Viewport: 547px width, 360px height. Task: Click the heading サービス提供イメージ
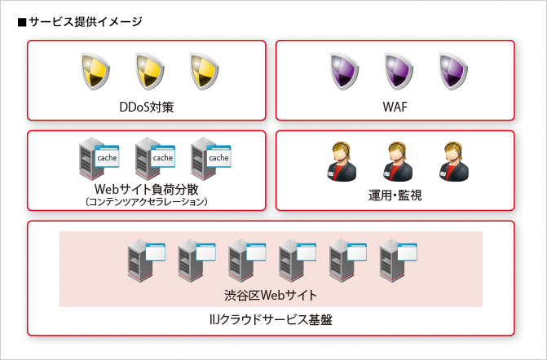80,21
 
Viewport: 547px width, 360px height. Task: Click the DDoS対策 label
147,106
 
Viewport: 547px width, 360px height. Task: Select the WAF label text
395,106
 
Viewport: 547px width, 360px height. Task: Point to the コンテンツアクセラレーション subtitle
147,201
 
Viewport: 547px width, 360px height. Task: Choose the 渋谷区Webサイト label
271,294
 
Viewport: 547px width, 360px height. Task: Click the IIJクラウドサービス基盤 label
271,320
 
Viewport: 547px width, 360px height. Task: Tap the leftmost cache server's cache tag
107,157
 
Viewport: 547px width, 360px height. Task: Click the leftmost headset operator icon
340,160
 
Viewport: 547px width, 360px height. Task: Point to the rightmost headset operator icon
451,160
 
